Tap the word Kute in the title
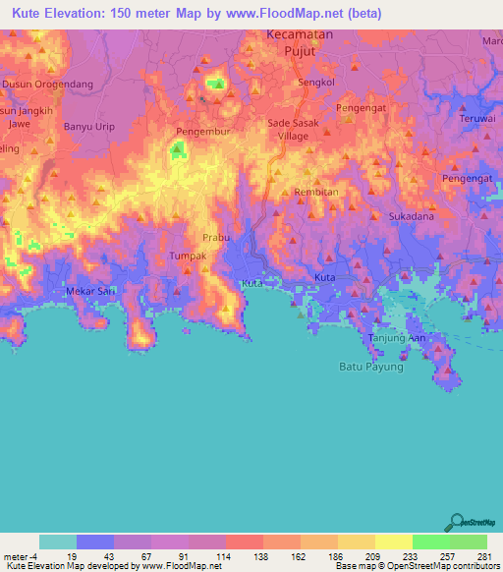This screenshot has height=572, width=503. [x=29, y=14]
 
